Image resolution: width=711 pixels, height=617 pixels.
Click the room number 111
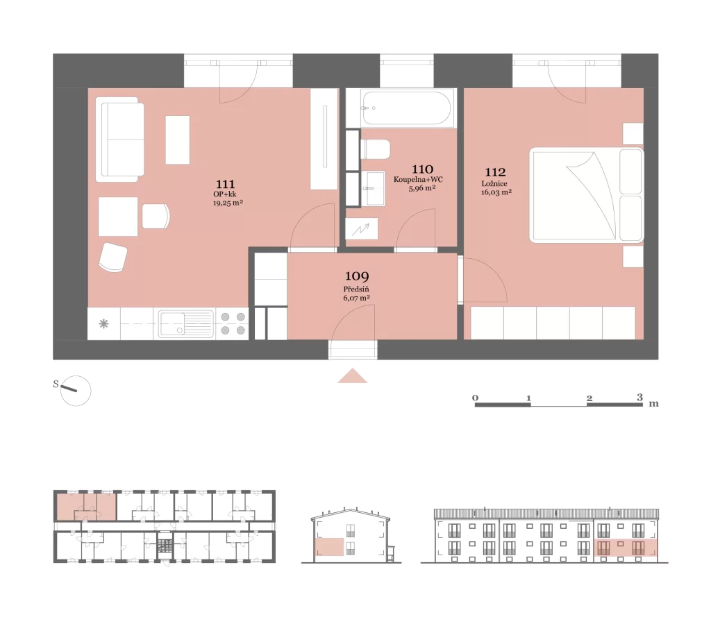(x=226, y=184)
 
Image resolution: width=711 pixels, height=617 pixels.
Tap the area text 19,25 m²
(x=228, y=203)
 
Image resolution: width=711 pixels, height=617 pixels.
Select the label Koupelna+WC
(x=418, y=179)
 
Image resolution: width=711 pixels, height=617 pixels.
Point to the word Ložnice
(x=494, y=184)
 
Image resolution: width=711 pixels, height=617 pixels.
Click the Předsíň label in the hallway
(x=356, y=289)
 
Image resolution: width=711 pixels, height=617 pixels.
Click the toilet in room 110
(x=375, y=150)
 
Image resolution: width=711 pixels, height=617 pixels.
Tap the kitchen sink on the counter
(x=185, y=323)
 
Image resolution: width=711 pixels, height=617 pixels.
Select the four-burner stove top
(x=233, y=323)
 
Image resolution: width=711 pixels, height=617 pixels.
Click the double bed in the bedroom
(x=586, y=194)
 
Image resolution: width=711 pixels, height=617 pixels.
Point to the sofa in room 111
(x=119, y=140)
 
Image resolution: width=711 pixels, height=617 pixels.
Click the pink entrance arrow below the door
(x=352, y=376)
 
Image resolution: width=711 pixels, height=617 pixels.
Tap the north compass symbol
(x=75, y=390)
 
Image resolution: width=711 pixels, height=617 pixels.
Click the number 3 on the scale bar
(x=639, y=397)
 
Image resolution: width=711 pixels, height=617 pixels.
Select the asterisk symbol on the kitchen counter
(x=104, y=323)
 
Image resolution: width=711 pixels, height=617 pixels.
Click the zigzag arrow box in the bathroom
(x=361, y=229)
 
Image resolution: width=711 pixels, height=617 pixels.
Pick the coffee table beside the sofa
(x=177, y=140)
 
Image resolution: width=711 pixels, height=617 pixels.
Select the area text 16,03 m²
(x=496, y=192)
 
